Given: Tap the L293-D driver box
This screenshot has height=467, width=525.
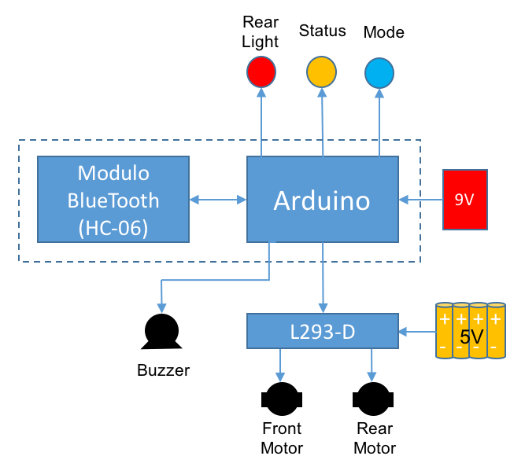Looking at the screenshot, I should coord(323,331).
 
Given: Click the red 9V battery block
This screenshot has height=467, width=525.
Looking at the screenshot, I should coord(464,199).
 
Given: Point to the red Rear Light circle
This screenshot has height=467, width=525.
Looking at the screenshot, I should coord(261,72).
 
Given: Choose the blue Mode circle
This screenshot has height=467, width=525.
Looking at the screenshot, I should coord(380,73).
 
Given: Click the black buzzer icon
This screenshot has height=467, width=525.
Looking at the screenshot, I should coord(162,333).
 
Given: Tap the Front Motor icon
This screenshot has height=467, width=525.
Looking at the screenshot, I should coord(281,399).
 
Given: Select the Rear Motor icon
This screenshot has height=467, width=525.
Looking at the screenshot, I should coord(374,399).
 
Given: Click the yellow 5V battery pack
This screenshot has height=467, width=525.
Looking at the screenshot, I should coord(471,331).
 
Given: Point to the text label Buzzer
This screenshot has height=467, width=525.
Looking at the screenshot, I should coord(163,370).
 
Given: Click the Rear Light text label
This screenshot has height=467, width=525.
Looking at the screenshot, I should coord(261,32).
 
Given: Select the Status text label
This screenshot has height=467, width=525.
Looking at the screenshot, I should coord(322,31).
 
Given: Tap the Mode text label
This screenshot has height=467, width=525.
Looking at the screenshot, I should coord(383,32).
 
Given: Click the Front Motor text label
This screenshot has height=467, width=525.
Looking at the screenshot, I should coord(282,438).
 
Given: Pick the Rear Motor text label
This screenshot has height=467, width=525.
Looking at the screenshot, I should coord(375,438).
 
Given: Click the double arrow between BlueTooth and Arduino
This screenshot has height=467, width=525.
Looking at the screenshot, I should coord(218,200).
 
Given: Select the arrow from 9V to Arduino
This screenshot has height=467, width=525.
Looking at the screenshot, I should coord(420,200).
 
